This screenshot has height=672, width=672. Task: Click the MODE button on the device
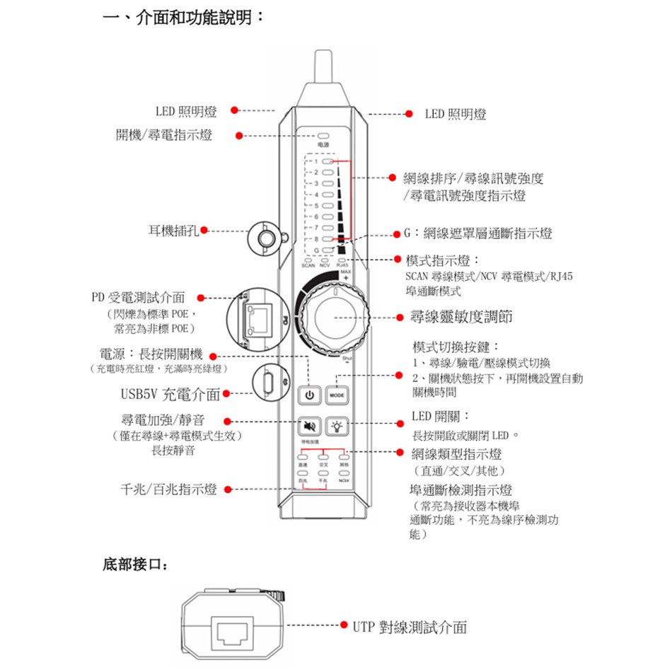(x=337, y=394)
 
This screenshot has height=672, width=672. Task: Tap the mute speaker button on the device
(x=309, y=427)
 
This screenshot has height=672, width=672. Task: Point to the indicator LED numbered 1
(x=326, y=162)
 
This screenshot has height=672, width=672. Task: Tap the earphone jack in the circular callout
(x=267, y=237)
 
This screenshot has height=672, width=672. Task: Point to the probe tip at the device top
(x=325, y=67)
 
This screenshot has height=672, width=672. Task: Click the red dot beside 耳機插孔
(x=204, y=230)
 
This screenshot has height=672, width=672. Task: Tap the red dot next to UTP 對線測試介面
(x=345, y=626)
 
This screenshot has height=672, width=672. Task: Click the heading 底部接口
(x=135, y=565)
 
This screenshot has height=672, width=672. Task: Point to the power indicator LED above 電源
(x=325, y=135)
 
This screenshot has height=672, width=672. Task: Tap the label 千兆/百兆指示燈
(x=168, y=489)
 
